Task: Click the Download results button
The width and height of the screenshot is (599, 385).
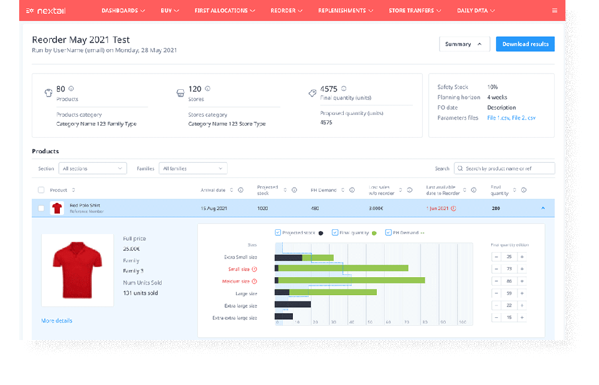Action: (x=525, y=44)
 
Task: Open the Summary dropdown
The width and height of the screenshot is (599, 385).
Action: (x=464, y=44)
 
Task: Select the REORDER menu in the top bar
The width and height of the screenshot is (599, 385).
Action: (x=286, y=11)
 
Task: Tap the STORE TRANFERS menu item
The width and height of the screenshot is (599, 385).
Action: (x=415, y=11)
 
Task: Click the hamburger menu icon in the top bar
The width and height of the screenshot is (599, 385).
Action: (x=554, y=11)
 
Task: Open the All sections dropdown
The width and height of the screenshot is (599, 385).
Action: (x=93, y=169)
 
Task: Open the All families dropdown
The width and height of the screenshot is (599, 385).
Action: (x=193, y=169)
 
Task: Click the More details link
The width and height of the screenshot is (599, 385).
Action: (x=57, y=321)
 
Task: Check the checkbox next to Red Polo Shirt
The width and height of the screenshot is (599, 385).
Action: (x=41, y=208)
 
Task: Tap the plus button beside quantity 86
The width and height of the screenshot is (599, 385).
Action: (x=522, y=281)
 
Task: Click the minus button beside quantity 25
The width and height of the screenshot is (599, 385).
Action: (x=496, y=257)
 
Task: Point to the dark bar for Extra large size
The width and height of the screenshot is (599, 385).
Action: (x=292, y=304)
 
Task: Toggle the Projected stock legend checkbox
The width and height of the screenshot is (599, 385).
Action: (x=277, y=232)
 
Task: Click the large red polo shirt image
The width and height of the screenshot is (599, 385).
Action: (x=77, y=271)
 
